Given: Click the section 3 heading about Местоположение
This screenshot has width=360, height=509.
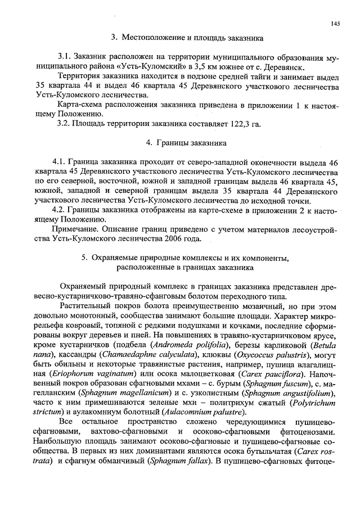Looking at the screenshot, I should coord(187,38).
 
